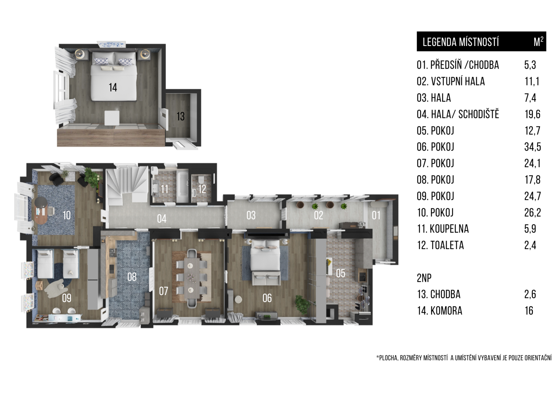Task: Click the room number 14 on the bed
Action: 113,87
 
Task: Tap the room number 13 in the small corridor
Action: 181,116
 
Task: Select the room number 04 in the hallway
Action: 162,219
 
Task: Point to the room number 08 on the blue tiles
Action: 132,277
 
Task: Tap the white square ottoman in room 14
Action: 112,118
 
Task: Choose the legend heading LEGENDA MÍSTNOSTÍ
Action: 461,42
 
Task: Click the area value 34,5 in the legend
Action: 533,147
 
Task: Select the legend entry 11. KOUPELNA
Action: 443,229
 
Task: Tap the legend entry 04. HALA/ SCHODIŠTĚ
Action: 458,114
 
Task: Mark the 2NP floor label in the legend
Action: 424,278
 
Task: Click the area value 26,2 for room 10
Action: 533,212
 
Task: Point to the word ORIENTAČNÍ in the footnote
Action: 538,358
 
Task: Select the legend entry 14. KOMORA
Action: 440,311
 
